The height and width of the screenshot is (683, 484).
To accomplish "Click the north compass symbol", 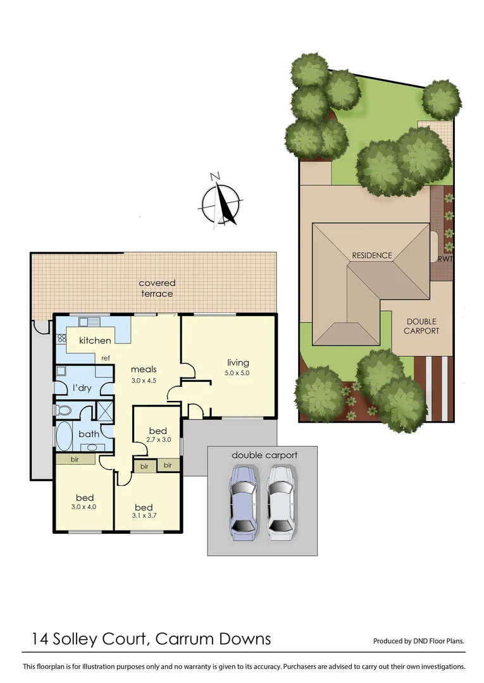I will (x=220, y=199).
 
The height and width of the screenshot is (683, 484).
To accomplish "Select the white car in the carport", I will (x=280, y=503).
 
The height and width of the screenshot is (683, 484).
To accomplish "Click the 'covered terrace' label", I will (x=157, y=288).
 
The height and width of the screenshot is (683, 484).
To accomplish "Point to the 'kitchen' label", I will (x=95, y=341).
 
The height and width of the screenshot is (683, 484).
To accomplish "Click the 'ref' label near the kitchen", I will (x=106, y=358).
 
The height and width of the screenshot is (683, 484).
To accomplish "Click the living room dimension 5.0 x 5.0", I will (x=238, y=373).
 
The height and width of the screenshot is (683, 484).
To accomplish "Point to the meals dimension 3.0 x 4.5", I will (x=144, y=380).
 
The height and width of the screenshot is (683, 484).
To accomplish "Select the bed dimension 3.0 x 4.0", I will (x=85, y=507).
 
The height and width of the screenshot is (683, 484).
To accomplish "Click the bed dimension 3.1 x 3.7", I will (x=143, y=517).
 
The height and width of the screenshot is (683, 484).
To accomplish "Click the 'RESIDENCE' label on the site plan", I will (x=372, y=255).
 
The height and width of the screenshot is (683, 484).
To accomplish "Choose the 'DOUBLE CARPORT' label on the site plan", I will (x=421, y=326).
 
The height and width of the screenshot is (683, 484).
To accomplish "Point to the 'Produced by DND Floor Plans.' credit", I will (x=419, y=641).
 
